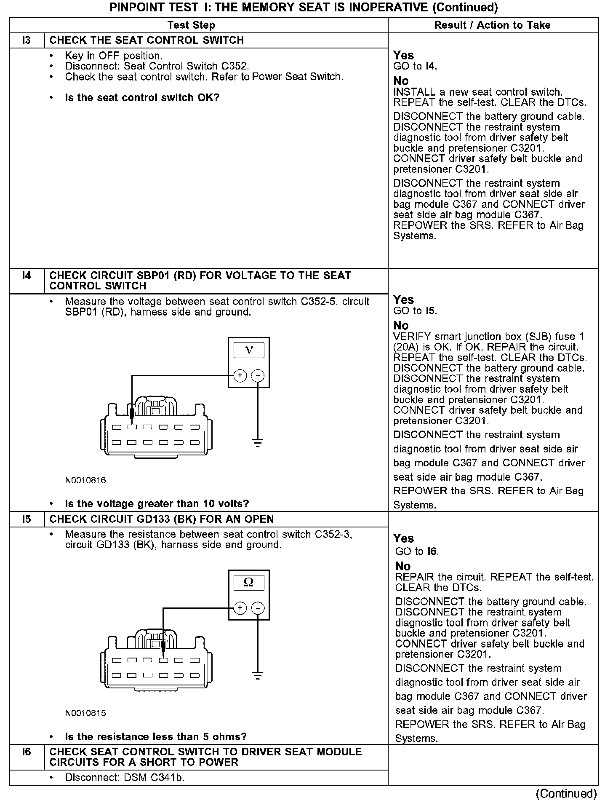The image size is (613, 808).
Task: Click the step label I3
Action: tap(27, 40)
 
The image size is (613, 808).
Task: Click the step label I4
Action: tap(27, 276)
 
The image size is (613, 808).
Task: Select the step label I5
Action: tap(27, 519)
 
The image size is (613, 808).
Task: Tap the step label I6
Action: tap(27, 752)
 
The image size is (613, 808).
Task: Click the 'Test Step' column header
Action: tap(191, 25)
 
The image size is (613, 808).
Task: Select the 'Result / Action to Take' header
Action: tap(492, 25)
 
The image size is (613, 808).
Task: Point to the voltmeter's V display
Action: tap(249, 350)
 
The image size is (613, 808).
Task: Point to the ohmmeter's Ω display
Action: tap(249, 583)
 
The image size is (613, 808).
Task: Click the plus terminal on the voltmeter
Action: tap(240, 375)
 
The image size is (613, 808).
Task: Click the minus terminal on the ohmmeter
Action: tap(258, 608)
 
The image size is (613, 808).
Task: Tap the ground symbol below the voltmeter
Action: tap(258, 443)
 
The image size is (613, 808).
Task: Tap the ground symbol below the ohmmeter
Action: tap(258, 676)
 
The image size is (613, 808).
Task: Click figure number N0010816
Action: tap(85, 480)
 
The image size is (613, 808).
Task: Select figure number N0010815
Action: tap(85, 713)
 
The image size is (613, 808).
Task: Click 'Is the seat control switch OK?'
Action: tap(142, 98)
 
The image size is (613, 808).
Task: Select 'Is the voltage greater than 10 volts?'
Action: tap(157, 503)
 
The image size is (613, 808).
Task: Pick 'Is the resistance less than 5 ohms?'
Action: tap(155, 736)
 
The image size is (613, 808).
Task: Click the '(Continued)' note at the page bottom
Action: tap(566, 794)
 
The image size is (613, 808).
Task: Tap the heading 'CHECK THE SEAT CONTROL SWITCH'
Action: tap(147, 40)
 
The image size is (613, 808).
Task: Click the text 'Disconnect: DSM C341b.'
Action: tap(125, 778)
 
